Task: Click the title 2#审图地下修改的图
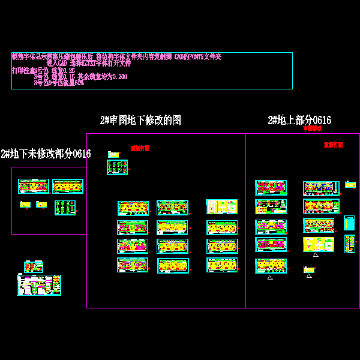pos(140,121)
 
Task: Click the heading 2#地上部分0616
pos(299,120)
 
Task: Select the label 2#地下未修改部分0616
pos(46,154)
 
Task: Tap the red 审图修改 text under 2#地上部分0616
pos(312,128)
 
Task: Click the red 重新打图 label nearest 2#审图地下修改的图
pos(140,148)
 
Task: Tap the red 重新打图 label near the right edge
pos(333,145)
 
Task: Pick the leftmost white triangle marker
pos(270,277)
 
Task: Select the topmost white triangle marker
pos(316,255)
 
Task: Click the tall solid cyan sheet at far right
pos(349,223)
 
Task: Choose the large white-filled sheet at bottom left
pos(39,285)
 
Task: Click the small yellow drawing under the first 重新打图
pos(113,155)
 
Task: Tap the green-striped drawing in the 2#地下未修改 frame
pos(65,208)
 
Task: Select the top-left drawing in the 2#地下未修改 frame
pos(33,186)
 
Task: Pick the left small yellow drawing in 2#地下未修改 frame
pos(25,205)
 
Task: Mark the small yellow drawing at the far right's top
pos(350,184)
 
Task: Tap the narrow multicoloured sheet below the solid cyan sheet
pos(350,244)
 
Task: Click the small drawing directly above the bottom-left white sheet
pos(33,266)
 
